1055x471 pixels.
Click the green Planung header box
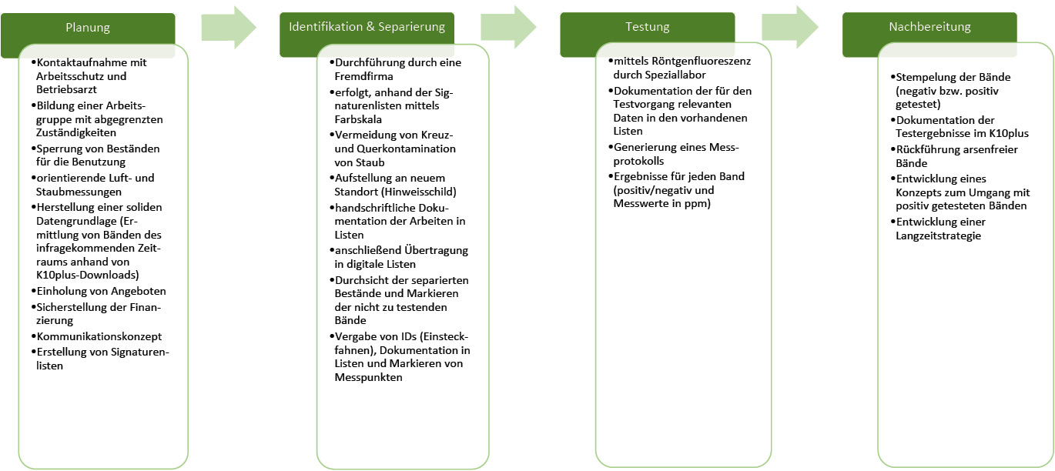88,28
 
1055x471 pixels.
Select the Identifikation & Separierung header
367,27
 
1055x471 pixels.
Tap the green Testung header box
647,27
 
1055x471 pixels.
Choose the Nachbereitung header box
929,27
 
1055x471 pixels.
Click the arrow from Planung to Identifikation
228,28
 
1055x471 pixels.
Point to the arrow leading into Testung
508,28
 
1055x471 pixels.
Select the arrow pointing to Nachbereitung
789,28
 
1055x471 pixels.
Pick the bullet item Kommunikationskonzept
99,336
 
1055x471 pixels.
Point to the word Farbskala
359,120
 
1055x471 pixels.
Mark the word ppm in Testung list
698,205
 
